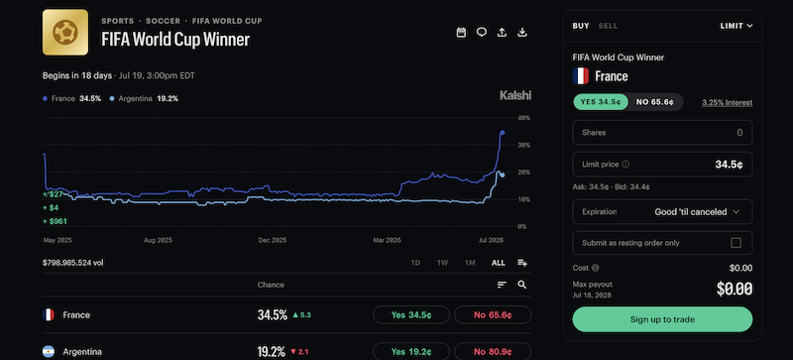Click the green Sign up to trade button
coord(662,319)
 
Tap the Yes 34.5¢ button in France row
coord(410,315)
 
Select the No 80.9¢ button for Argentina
coord(493,351)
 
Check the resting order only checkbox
coord(736,243)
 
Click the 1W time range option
coord(442,263)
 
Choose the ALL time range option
coord(499,263)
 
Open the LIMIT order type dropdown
coord(736,26)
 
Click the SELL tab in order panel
coord(608,26)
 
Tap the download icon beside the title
coord(522,33)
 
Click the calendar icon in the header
coord(461,33)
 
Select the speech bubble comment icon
coord(482,33)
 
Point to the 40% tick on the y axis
coord(523,118)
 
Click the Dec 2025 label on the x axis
coord(272,240)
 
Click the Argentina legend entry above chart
coord(144,99)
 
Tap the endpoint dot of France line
coord(503,133)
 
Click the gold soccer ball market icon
coord(65,33)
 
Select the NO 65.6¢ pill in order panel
coord(655,102)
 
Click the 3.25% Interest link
coord(728,103)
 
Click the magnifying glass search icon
coord(522,285)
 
